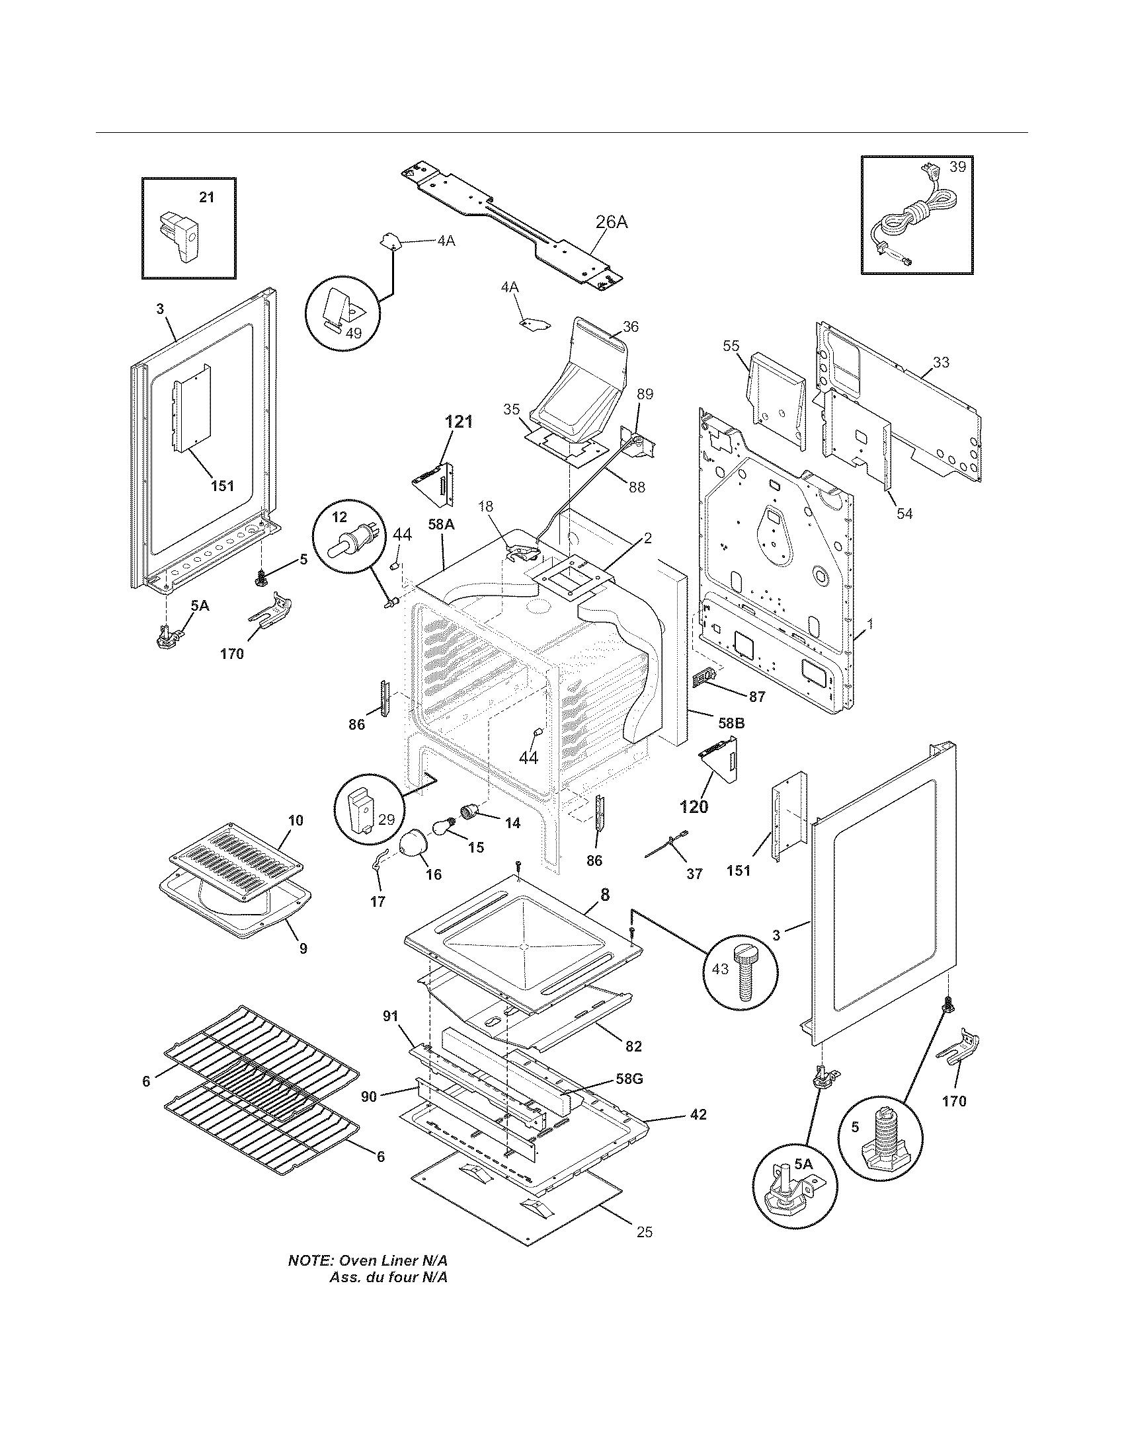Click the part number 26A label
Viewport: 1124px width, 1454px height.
tap(612, 222)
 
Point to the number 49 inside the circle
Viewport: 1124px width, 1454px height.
tap(354, 333)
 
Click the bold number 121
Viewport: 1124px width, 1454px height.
tap(458, 422)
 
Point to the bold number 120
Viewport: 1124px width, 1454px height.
tap(693, 807)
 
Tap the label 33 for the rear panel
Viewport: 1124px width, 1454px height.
tap(941, 363)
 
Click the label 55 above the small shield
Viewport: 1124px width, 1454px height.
tap(731, 346)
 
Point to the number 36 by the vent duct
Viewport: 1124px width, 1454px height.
tap(631, 326)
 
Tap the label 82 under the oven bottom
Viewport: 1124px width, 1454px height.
tap(633, 1047)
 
